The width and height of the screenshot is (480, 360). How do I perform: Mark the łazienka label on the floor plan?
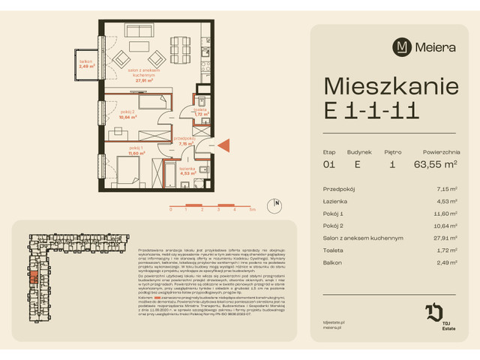pyautogui.click(x=187, y=171)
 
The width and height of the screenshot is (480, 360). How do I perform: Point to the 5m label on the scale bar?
pyautogui.click(x=253, y=210)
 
